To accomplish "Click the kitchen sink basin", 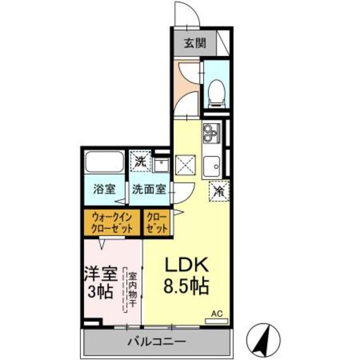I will [x=213, y=165].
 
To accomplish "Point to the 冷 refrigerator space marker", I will [x=219, y=191].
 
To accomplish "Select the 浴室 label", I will [x=105, y=190].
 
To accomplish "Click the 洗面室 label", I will [x=148, y=190].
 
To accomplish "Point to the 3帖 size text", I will [x=101, y=292].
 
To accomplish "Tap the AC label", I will [x=217, y=313].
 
